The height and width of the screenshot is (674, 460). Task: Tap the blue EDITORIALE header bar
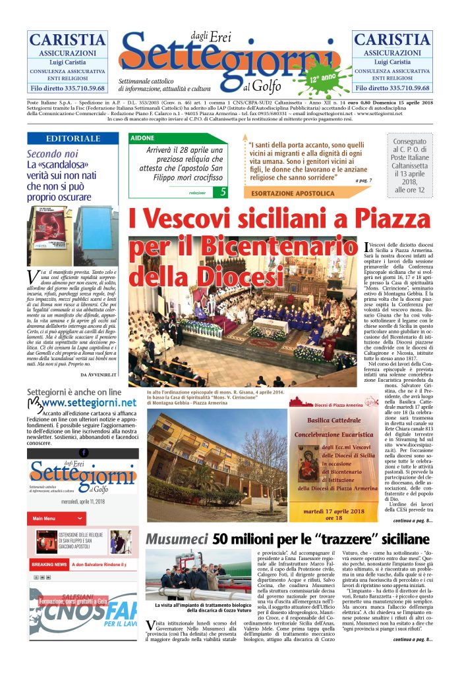(74, 139)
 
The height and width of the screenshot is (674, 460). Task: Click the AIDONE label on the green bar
(143, 139)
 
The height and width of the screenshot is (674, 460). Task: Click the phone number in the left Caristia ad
(67, 88)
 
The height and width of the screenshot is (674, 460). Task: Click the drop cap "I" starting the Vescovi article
(366, 247)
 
